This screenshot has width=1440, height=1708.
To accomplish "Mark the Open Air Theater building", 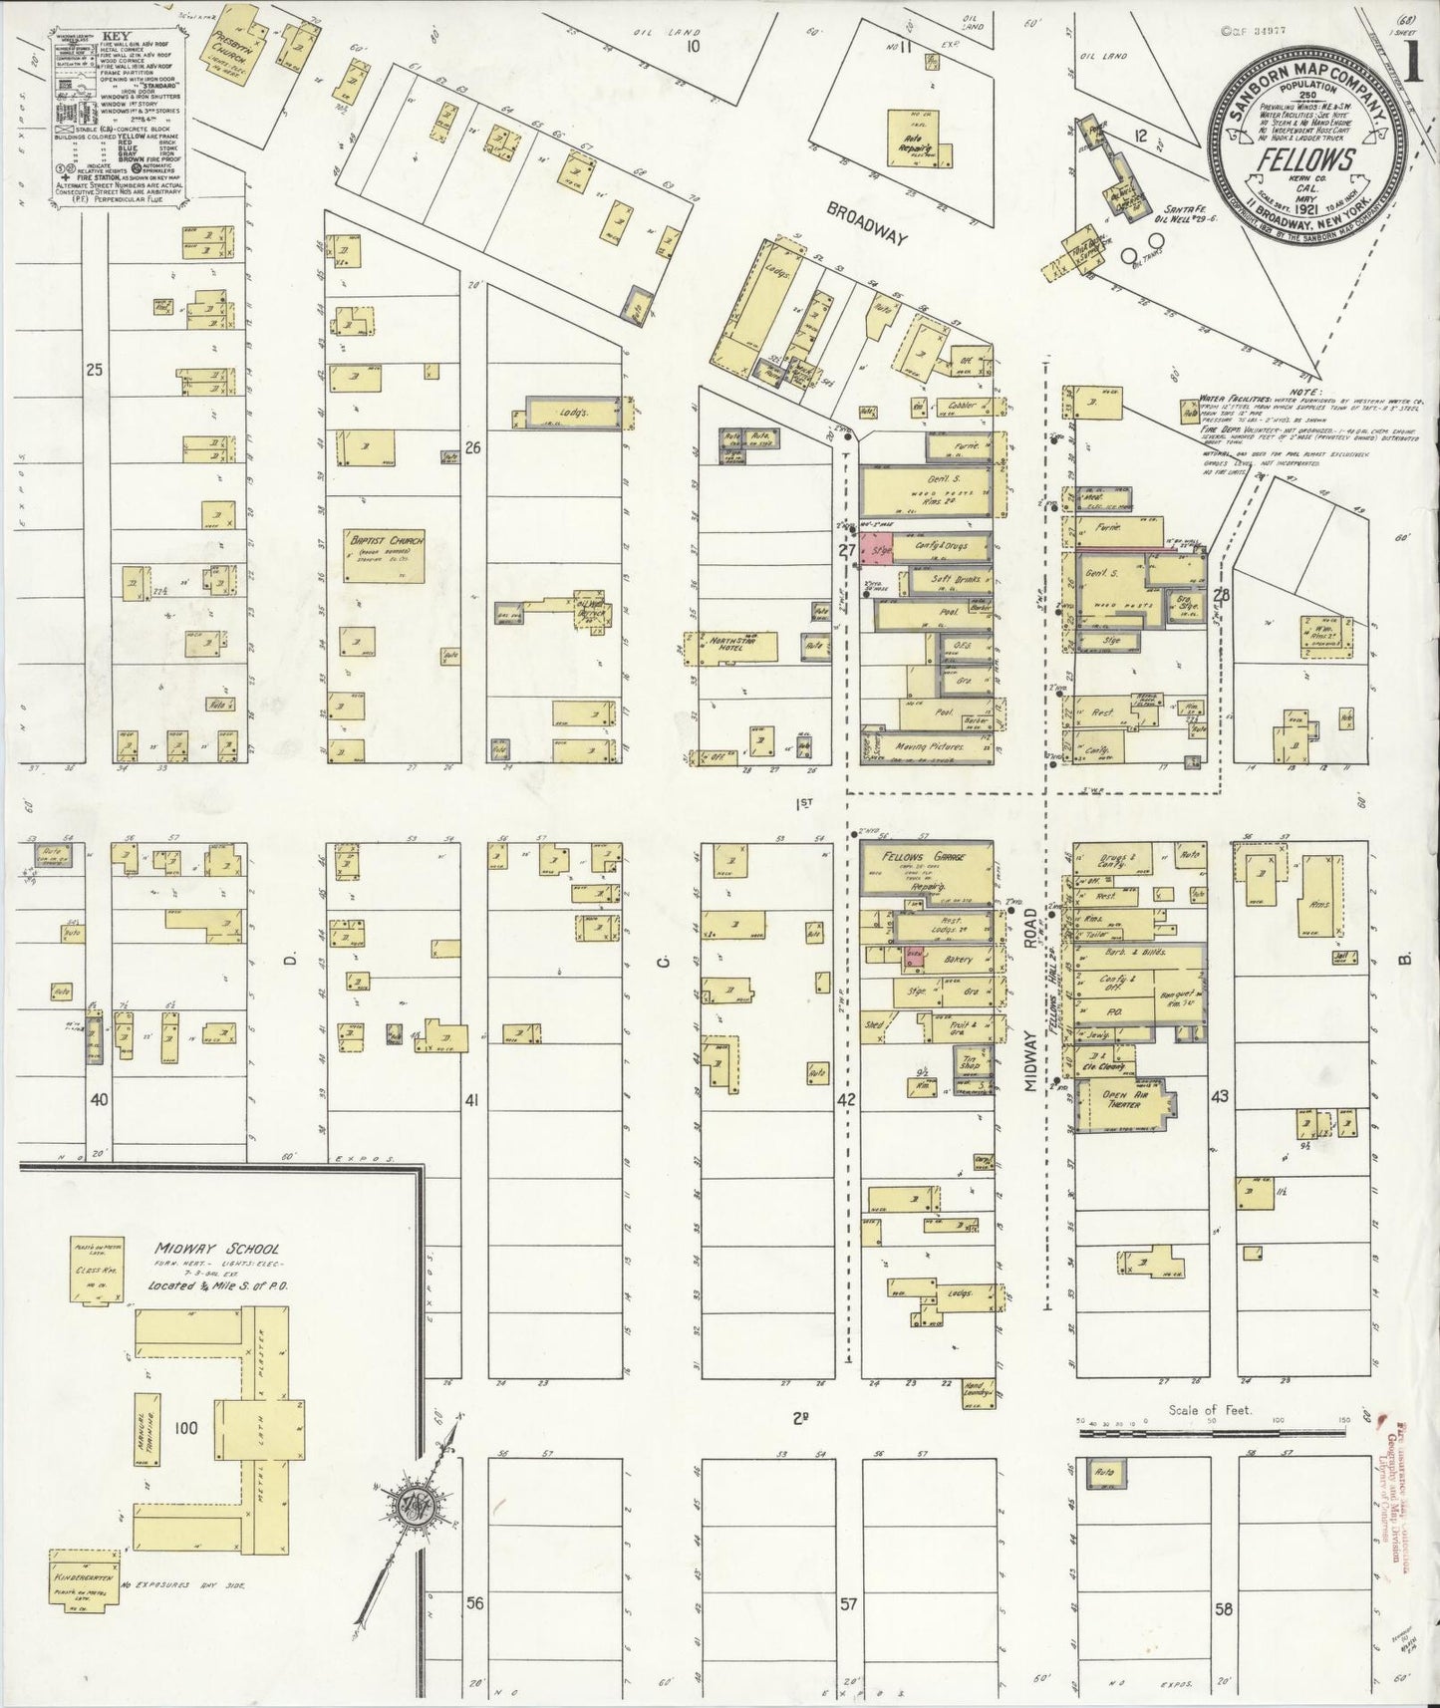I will [x=1121, y=1101].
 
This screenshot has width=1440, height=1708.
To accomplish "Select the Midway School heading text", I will [x=216, y=1249].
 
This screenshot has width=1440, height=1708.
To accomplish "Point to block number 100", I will [x=185, y=1428].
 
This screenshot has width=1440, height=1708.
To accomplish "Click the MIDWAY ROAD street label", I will [x=1032, y=1048].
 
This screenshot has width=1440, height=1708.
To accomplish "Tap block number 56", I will [x=475, y=1603].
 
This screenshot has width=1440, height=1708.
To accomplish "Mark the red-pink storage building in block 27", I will [x=877, y=549].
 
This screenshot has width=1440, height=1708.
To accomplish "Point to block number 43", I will [x=1219, y=1096].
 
